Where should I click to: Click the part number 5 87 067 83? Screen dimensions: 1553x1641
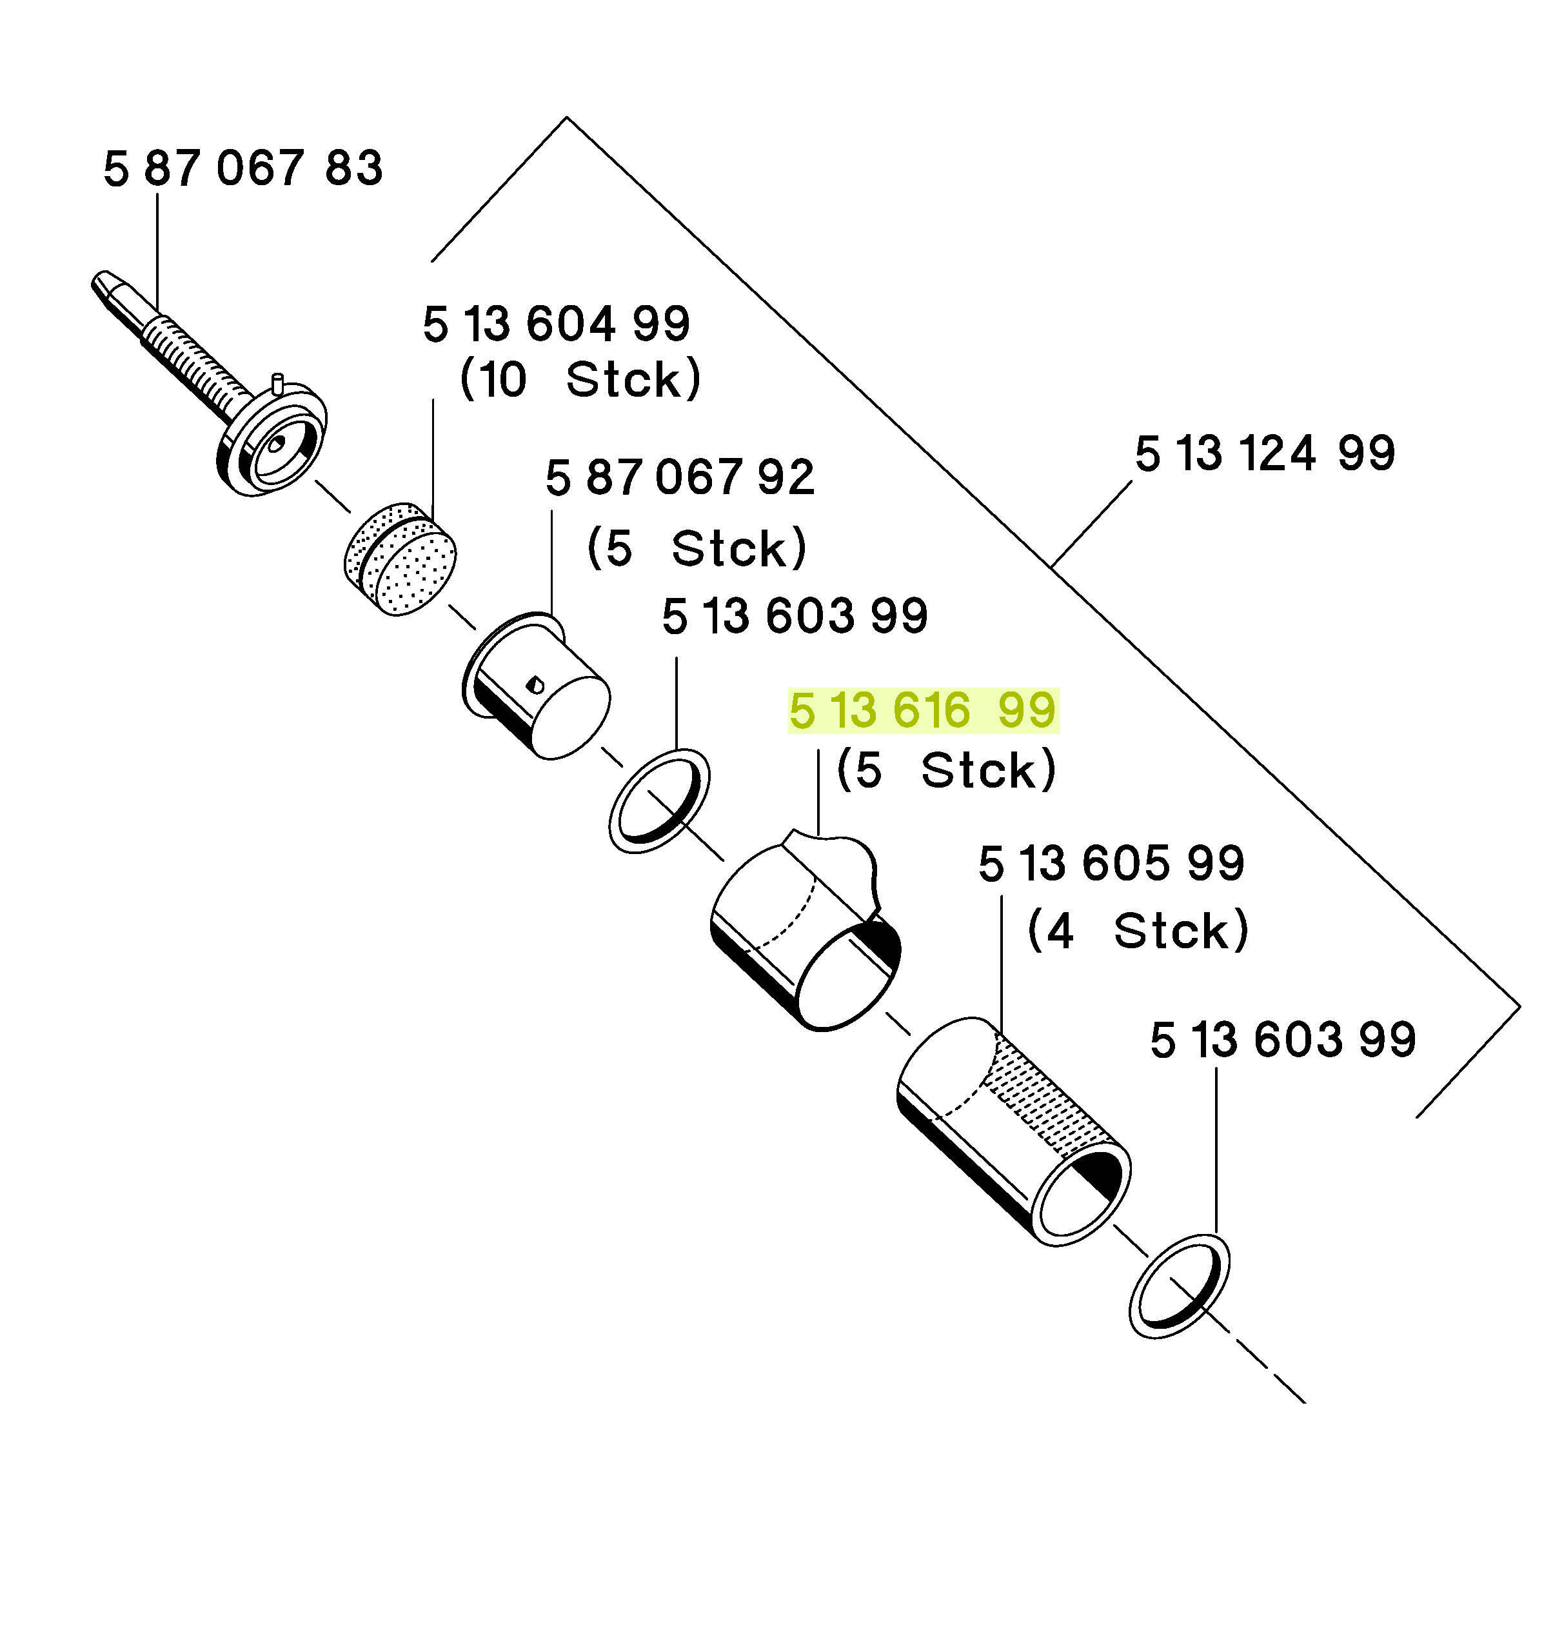tap(242, 168)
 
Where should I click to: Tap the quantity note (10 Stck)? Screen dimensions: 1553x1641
tap(580, 379)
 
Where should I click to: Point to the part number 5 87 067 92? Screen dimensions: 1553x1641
tap(680, 478)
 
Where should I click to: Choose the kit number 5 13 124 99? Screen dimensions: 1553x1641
tap(1265, 453)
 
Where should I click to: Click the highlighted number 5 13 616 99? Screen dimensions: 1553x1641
tap(923, 710)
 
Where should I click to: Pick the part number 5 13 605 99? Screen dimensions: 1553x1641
tap(1111, 864)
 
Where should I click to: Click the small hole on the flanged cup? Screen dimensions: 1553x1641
tap(535, 683)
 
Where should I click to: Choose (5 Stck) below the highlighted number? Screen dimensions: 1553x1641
tap(946, 770)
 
